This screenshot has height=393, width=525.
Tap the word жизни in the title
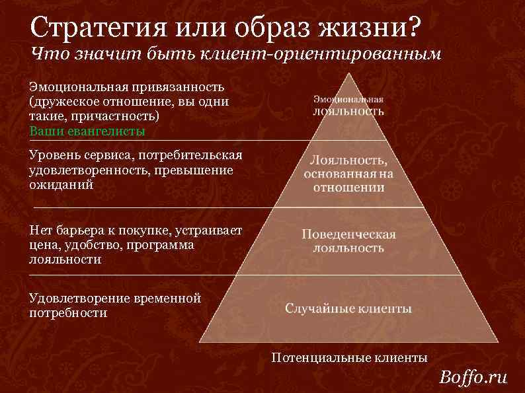361,28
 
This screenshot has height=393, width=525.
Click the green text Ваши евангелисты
87,131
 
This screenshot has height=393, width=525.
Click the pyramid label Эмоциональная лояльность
348,105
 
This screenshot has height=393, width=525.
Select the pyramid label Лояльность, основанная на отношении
348,174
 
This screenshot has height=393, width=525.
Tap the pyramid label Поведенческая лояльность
348,241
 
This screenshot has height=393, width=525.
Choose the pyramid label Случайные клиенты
348,308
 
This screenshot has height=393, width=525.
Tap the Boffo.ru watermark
473,378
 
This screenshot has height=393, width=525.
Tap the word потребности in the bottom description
68,313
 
